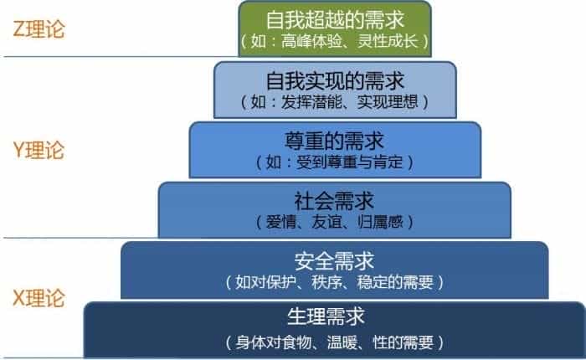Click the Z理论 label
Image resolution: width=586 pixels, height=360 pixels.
tap(39, 28)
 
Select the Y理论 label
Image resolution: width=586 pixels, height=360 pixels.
tap(39, 150)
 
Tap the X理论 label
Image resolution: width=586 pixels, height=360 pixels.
tap(39, 298)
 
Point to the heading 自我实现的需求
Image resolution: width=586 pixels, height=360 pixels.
tap(335, 80)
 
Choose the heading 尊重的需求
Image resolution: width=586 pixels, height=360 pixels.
tap(334, 141)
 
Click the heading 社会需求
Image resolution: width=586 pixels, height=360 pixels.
tap(334, 201)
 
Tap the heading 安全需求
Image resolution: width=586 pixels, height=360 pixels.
tap(334, 261)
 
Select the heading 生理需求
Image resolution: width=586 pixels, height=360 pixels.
tap(326, 316)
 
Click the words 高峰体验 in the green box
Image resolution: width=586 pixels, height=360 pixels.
tap(311, 41)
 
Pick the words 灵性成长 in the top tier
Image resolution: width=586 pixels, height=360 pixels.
tap(388, 41)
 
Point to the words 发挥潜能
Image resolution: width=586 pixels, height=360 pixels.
tap(311, 101)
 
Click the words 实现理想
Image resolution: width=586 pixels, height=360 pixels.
tap(388, 101)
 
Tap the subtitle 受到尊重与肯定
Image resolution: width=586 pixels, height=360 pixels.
tap(349, 162)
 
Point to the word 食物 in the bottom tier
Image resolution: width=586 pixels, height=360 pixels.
tap(296, 342)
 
